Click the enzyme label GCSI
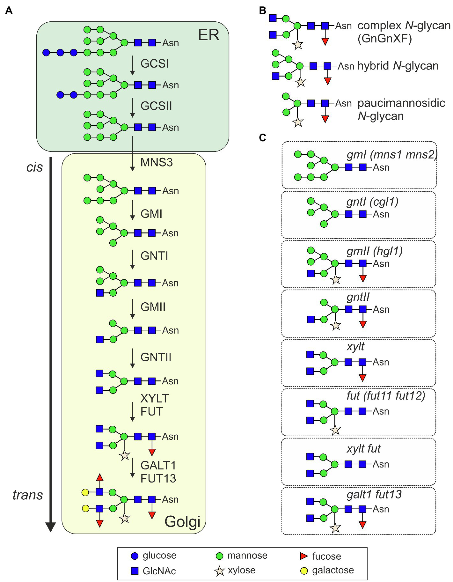click(155, 63)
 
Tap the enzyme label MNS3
click(157, 162)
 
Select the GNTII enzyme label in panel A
click(156, 357)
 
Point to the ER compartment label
click(209, 35)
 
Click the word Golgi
click(182, 522)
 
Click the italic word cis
click(34, 167)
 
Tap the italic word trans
click(28, 495)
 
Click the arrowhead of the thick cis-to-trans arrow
click(51, 527)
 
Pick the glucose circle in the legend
click(135, 556)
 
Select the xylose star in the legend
click(219, 571)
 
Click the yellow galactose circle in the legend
click(304, 571)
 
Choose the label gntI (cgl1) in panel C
click(372, 202)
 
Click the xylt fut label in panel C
click(364, 449)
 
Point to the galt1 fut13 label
click(374, 494)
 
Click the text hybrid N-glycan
click(398, 66)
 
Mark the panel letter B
click(262, 11)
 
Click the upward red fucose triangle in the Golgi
click(100, 477)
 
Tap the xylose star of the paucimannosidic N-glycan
click(298, 122)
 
